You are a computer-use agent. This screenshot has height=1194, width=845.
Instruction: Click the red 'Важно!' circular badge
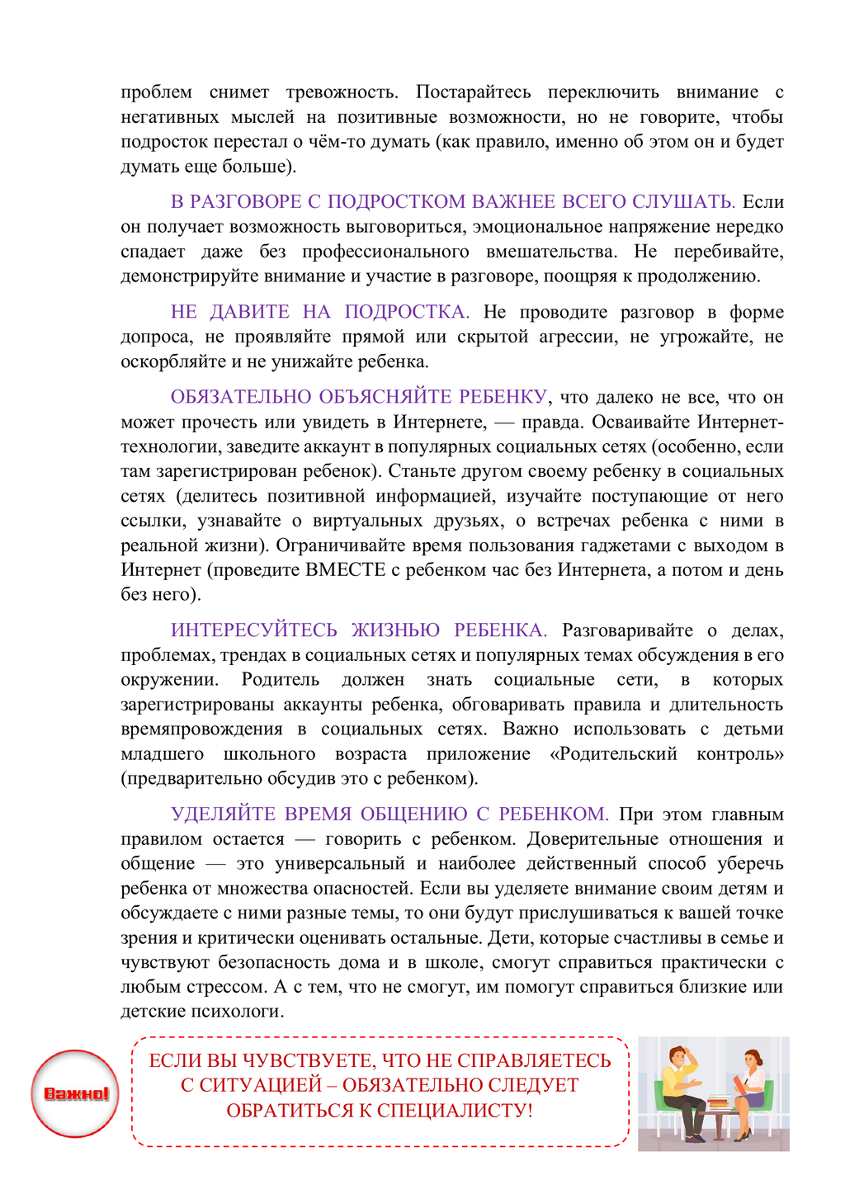pyautogui.click(x=75, y=1094)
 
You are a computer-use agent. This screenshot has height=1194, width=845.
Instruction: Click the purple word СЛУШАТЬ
pyautogui.click(x=683, y=202)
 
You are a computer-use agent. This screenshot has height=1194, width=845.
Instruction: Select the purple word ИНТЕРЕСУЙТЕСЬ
pyautogui.click(x=254, y=630)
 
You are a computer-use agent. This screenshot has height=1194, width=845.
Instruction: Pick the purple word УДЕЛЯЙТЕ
pyautogui.click(x=222, y=814)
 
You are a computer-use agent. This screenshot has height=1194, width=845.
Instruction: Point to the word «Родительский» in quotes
pyautogui.click(x=613, y=754)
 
